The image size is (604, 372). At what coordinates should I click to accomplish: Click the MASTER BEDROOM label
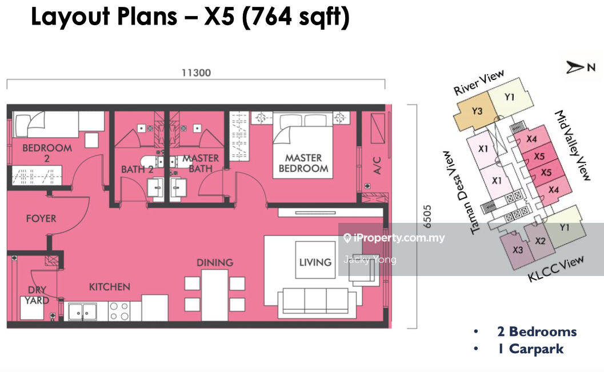(303, 163)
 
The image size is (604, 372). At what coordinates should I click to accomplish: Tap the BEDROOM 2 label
(47, 153)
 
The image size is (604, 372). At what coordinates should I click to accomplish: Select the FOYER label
(41, 219)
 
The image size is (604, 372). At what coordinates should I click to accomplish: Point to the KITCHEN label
(109, 287)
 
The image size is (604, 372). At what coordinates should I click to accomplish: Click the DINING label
(215, 263)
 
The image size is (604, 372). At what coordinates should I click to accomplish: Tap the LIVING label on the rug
(315, 263)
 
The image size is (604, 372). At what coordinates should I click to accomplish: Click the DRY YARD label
(37, 295)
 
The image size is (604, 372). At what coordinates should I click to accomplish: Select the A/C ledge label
(377, 166)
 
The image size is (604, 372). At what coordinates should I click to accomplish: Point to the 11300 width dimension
(196, 73)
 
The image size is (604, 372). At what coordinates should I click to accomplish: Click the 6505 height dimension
(427, 217)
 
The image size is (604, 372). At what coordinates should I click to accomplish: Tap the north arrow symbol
(574, 67)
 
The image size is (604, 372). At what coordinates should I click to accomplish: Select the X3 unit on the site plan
(517, 250)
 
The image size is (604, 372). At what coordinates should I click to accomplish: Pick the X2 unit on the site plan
(539, 241)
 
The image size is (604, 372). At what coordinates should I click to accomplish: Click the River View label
(479, 82)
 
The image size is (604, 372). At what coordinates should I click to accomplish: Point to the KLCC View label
(555, 269)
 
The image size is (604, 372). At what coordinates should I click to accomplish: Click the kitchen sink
(82, 311)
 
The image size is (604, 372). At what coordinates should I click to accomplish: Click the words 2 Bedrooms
(537, 331)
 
